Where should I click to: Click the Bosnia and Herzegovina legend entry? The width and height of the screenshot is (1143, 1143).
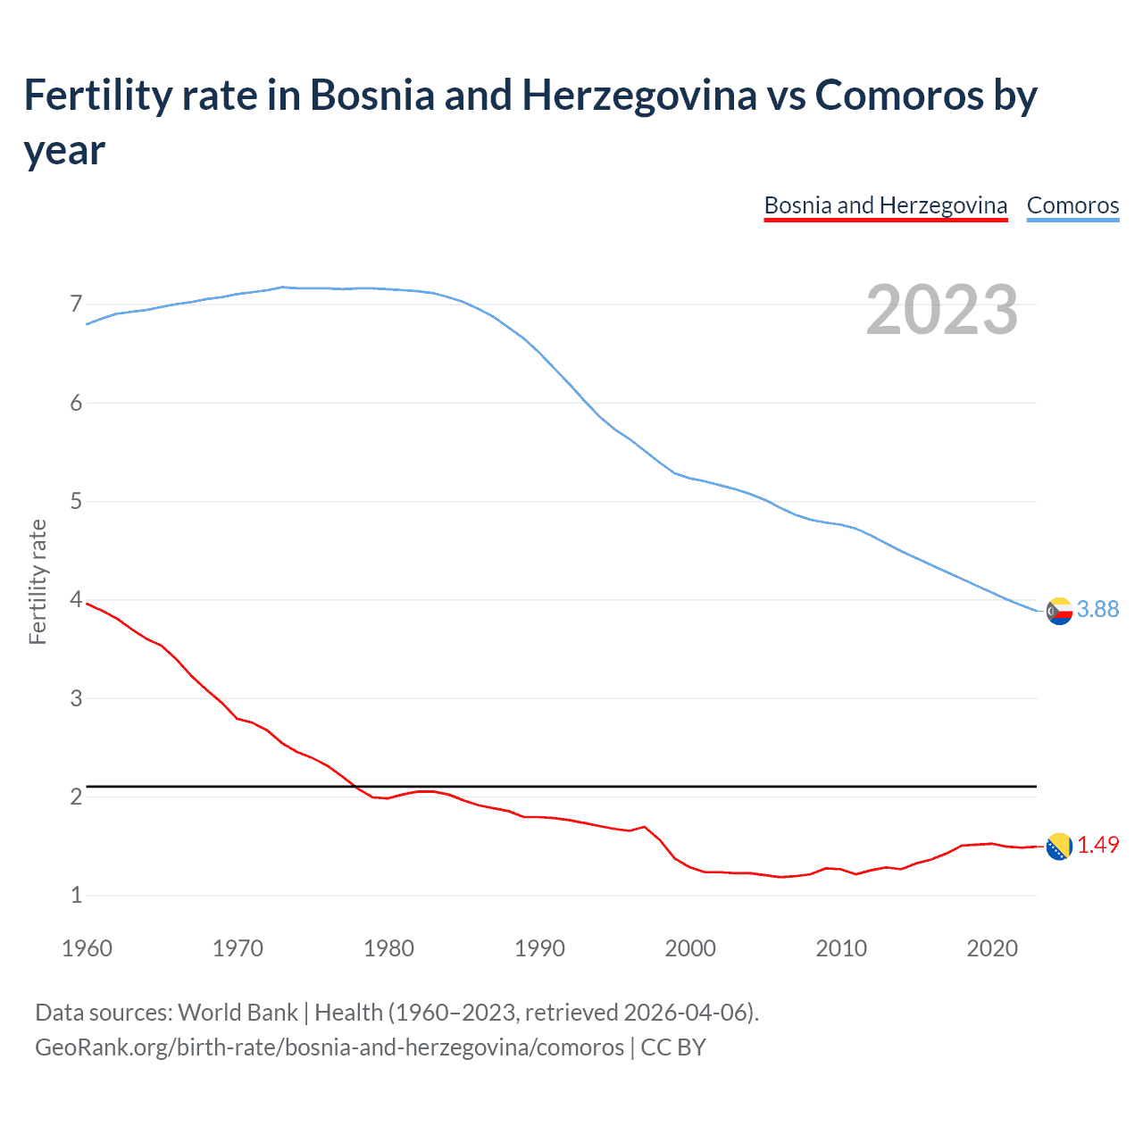885,205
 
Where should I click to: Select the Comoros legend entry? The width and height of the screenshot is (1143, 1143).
1072,205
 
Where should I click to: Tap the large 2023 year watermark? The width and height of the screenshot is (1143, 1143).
941,310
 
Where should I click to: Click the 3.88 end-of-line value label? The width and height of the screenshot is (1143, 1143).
1097,609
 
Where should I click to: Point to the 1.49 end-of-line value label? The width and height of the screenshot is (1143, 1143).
1097,845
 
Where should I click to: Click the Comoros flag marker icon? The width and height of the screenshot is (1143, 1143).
1059,611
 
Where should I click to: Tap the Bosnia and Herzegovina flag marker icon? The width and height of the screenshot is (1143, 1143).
1059,846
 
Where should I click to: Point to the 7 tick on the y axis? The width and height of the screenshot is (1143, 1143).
76,305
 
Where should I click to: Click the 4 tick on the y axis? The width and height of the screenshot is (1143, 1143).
76,599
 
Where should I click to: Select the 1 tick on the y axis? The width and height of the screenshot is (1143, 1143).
76,895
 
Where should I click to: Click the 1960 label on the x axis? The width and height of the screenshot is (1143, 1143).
87,948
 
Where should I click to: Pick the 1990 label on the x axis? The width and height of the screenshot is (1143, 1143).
539,948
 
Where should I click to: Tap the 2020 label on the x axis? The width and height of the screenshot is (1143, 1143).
992,948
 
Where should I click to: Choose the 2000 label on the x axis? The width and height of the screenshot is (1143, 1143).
690,948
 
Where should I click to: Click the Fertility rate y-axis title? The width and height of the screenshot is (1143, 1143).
38,581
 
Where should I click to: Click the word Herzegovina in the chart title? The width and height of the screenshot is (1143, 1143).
639,95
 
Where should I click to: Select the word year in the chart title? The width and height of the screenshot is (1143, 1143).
64,150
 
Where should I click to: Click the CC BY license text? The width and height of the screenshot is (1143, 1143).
673,1047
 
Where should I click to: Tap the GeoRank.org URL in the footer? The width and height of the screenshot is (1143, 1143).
330,1047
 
